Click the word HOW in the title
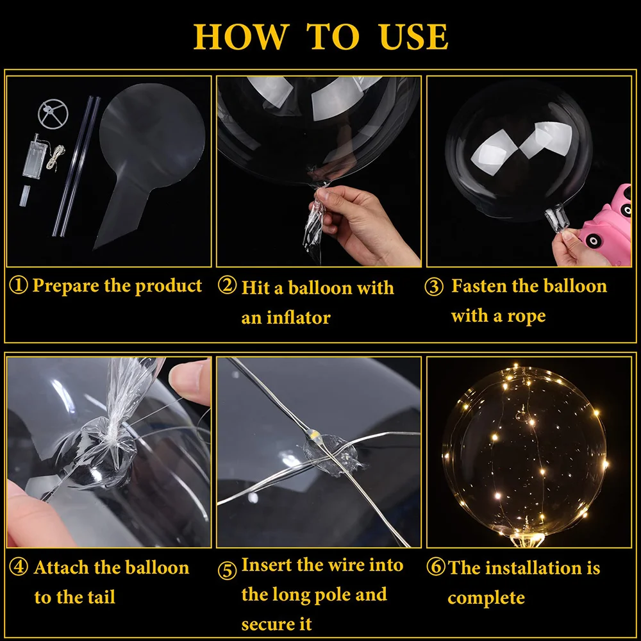click(241, 37)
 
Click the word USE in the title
click(413, 37)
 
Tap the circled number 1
click(19, 285)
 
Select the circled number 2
click(227, 285)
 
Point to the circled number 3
click(434, 286)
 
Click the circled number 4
click(19, 567)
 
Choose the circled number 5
click(227, 570)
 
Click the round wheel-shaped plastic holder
click(53, 113)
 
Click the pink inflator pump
click(606, 227)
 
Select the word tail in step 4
click(102, 597)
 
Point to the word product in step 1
click(169, 286)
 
